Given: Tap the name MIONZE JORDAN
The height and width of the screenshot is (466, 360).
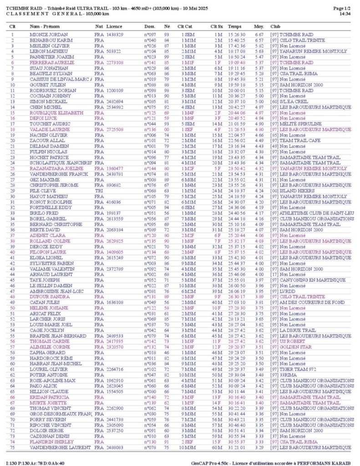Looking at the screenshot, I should (x=49, y=35).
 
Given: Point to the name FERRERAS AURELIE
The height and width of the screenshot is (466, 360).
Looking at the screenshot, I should (x=52, y=62).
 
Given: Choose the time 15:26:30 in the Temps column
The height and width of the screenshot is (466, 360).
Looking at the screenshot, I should (x=237, y=35).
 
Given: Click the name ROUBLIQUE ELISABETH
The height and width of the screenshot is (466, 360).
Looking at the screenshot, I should (x=56, y=112).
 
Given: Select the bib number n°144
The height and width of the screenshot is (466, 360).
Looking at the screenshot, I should (x=150, y=168).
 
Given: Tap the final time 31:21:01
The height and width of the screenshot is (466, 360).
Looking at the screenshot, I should (x=237, y=448).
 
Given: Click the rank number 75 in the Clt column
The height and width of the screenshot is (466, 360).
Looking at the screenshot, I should (x=12, y=448).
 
